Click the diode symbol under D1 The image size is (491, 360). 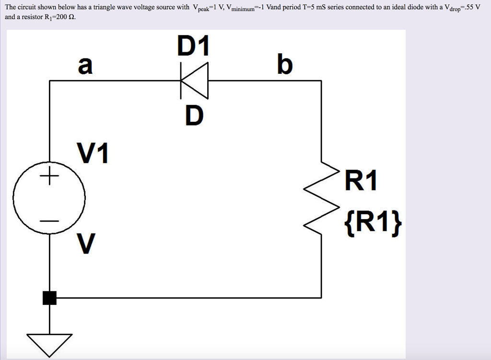[194, 81]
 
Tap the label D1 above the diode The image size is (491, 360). [194, 47]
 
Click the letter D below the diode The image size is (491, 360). [194, 115]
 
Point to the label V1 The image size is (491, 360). [93, 154]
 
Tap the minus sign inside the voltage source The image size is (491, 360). [49, 221]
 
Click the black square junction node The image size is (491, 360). [49, 298]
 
